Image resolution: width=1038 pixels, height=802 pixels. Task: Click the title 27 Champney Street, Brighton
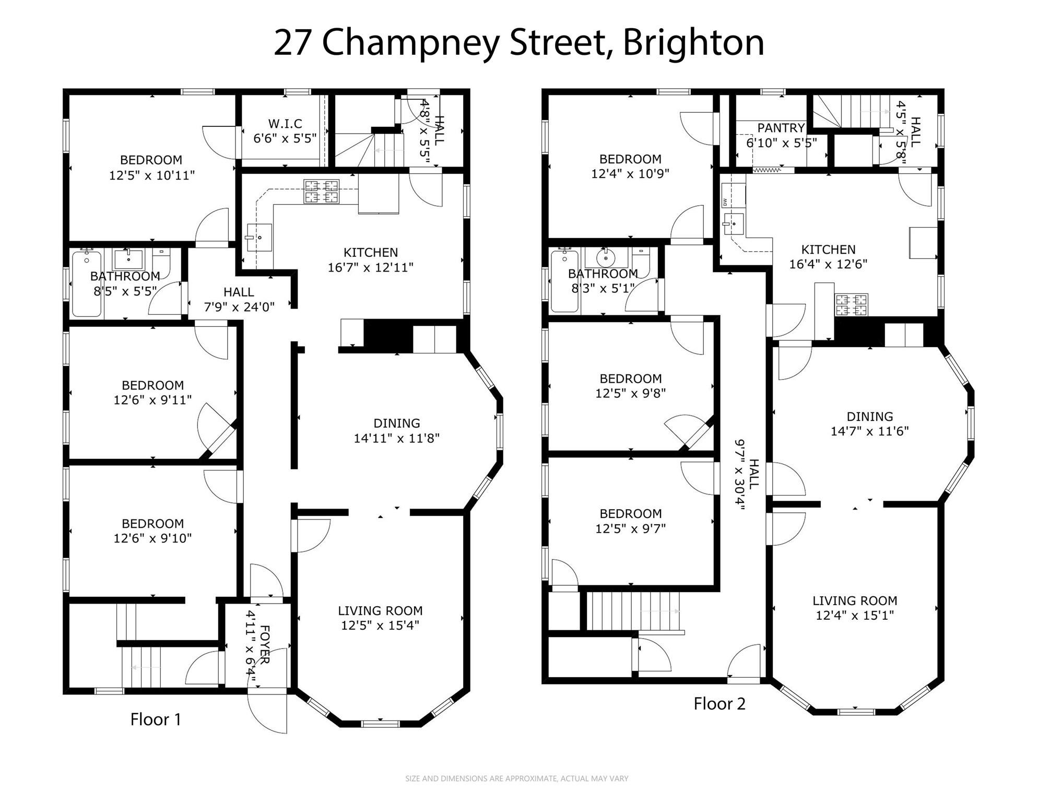point(519,43)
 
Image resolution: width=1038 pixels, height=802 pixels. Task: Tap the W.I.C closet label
point(285,124)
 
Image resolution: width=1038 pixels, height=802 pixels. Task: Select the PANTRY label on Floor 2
point(781,128)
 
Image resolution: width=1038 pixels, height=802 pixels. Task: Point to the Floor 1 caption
point(156,720)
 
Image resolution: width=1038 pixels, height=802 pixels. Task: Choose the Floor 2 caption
point(719,704)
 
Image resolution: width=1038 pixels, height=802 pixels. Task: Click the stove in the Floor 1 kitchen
point(322,191)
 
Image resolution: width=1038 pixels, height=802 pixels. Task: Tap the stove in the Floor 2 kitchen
point(852,305)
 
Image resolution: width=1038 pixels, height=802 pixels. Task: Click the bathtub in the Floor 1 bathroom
point(87,284)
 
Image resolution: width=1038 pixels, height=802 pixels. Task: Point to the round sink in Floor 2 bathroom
point(606,258)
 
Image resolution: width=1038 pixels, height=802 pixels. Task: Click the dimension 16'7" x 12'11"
point(371,268)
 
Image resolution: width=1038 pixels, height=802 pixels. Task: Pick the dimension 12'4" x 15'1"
point(855,616)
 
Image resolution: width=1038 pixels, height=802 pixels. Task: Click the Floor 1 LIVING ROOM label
point(380,611)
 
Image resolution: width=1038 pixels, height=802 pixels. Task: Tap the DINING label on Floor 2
point(870,417)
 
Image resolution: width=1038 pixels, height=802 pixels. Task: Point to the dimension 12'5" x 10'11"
point(152,175)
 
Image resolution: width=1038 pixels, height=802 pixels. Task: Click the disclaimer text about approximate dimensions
point(517,779)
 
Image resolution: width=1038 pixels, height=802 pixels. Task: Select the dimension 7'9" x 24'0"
point(239,307)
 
